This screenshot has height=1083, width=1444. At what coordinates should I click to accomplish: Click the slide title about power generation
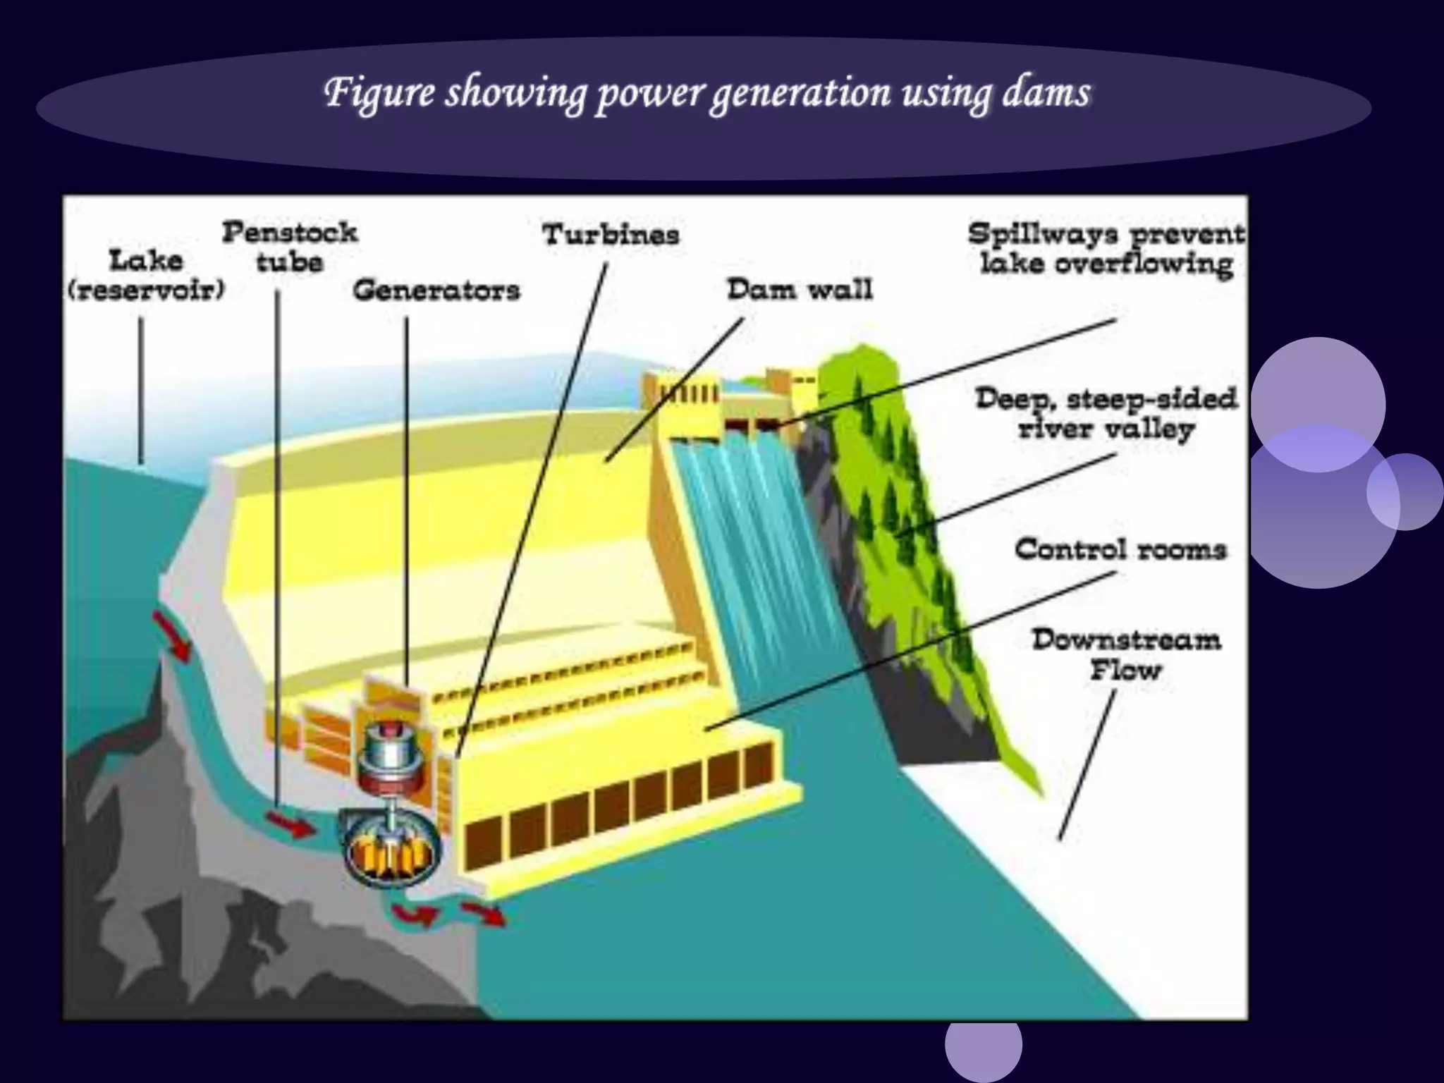tap(707, 93)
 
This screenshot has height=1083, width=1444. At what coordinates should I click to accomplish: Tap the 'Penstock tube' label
tap(290, 247)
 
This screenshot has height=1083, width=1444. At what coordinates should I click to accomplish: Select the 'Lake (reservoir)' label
tap(146, 275)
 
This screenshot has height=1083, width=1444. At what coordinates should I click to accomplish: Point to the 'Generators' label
tap(436, 290)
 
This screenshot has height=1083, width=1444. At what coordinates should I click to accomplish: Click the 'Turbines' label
tap(611, 234)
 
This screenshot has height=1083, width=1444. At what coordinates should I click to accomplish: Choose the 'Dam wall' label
tap(800, 289)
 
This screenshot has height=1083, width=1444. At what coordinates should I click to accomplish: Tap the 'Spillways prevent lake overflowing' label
tap(1106, 248)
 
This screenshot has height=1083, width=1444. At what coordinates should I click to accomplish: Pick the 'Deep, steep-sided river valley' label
tap(1106, 413)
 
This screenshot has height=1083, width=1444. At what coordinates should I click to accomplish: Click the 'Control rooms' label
tap(1120, 549)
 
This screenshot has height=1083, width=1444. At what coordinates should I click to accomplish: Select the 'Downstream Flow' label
tap(1126, 654)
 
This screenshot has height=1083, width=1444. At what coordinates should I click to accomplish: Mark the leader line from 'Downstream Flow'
tap(1087, 765)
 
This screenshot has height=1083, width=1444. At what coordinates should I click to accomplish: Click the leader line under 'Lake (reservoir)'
tap(141, 391)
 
